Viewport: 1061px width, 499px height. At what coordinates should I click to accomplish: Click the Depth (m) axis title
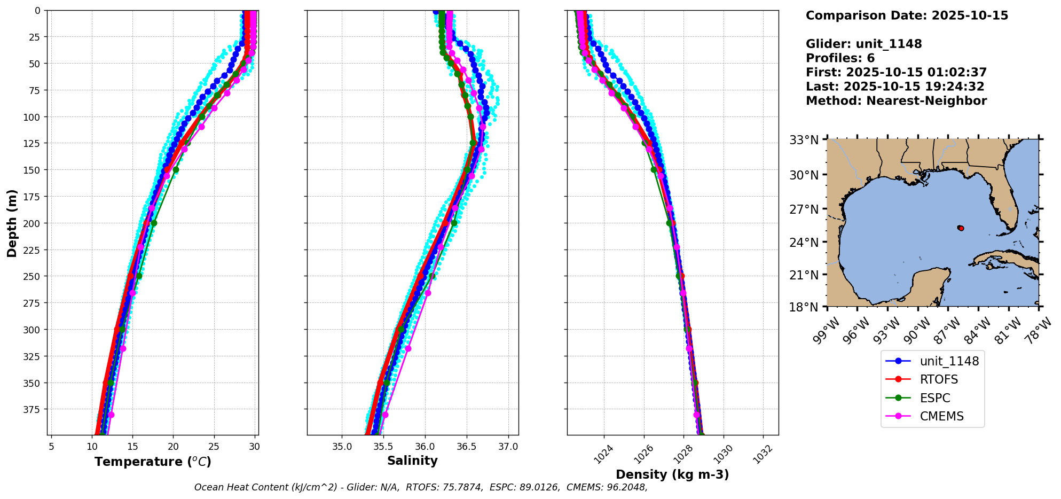coord(12,223)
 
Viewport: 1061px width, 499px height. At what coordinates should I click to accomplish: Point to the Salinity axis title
coord(412,461)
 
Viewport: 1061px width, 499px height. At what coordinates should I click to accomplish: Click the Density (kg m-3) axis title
coord(672,474)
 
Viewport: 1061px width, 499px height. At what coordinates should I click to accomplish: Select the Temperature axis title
coord(153,462)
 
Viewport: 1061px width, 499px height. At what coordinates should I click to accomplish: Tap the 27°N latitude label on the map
coord(804,209)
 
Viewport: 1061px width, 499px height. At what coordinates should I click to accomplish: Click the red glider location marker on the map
coord(961,228)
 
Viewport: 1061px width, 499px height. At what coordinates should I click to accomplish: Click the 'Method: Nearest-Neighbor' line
coord(896,100)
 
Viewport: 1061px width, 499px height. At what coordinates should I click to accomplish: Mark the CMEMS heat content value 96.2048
coord(626,487)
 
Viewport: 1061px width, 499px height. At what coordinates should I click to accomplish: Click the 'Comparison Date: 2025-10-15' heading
coord(907,15)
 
